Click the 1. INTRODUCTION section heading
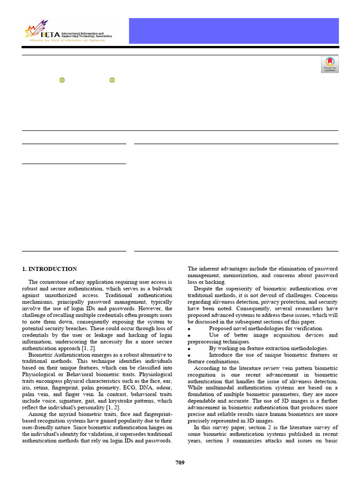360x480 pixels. (49, 269)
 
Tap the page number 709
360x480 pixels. (180, 463)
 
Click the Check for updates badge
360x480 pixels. (330, 65)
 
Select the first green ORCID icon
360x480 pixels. (62, 80)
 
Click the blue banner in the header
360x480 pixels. (233, 30)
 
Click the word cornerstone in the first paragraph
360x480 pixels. (55, 282)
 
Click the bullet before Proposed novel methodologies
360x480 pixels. (189, 329)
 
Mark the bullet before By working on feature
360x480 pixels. (189, 349)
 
